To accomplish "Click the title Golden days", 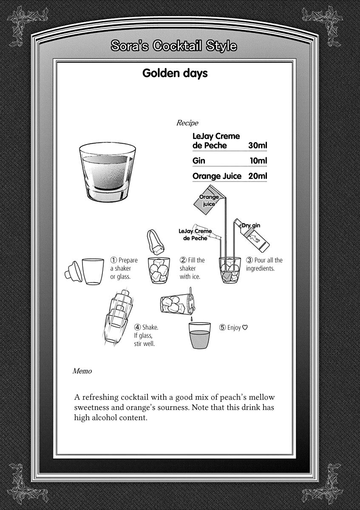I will (175, 73).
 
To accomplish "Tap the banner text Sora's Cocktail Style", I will (173, 46).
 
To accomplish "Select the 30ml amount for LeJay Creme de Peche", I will (258, 145).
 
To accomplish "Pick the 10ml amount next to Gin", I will (258, 161).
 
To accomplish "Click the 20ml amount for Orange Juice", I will (258, 176).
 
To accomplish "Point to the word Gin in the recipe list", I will (198, 161).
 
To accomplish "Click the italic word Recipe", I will (187, 123).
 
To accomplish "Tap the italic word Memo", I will (82, 371).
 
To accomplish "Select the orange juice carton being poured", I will (207, 199).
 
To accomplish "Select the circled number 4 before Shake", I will (137, 327).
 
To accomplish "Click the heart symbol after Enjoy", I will (245, 328).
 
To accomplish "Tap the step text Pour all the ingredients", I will (264, 264).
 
